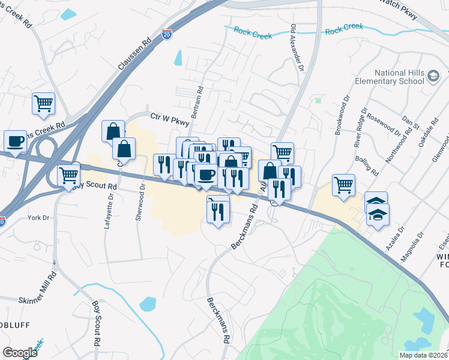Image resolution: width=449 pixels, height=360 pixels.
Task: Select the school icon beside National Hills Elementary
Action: click(x=433, y=77)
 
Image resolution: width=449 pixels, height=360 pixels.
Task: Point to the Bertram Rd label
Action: click(x=199, y=102)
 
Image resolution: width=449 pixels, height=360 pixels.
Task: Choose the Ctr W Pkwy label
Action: click(x=169, y=119)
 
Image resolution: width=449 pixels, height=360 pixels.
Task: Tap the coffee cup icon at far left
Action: click(x=15, y=142)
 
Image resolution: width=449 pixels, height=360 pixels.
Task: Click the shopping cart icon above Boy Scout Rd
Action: click(x=69, y=176)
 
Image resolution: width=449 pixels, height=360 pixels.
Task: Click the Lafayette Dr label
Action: click(x=110, y=205)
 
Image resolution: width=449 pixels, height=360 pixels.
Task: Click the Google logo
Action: click(x=20, y=352)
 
